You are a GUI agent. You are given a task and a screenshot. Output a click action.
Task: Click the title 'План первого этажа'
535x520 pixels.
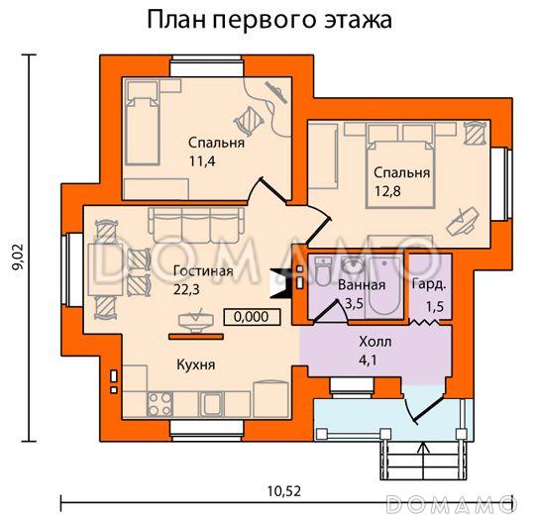click(267, 20)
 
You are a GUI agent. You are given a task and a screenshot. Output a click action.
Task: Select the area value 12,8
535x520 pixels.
click(387, 191)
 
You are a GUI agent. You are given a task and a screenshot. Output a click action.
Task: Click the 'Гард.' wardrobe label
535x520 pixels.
click(429, 283)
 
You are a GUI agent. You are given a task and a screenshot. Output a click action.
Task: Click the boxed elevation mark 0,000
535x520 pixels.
click(252, 317)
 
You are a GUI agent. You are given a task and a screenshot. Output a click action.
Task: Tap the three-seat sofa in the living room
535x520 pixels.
click(188, 227)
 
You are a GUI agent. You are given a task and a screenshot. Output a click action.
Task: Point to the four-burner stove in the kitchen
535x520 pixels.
click(158, 403)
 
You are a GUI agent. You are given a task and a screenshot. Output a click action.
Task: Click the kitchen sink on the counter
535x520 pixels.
click(210, 403)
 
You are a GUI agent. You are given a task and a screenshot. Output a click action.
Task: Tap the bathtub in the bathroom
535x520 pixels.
click(381, 286)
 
